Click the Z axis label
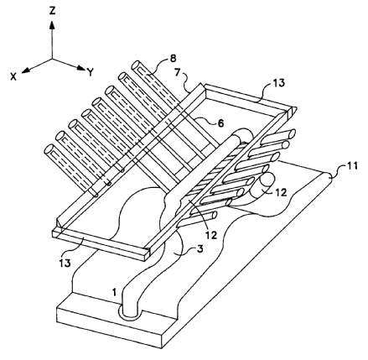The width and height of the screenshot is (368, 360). (x=52, y=11)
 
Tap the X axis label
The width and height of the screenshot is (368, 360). (x=13, y=76)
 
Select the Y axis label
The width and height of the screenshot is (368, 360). (x=91, y=72)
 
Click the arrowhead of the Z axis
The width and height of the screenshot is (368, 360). (x=52, y=25)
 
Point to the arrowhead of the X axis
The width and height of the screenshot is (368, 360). (x=25, y=70)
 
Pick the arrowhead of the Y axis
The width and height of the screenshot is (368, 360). (x=80, y=68)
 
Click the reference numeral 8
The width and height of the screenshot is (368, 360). (x=174, y=58)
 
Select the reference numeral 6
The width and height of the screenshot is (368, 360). (x=220, y=123)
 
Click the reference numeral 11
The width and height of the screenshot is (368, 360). (x=351, y=165)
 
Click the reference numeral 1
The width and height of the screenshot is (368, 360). (x=114, y=293)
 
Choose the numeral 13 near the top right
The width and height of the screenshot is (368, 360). (x=278, y=83)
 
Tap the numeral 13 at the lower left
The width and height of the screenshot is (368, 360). (x=65, y=263)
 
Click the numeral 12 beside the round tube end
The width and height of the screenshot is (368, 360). (x=281, y=192)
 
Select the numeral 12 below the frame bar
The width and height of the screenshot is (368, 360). (x=210, y=235)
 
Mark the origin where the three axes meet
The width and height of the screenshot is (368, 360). (x=52, y=59)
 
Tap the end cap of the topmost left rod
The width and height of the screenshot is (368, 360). (x=136, y=65)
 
